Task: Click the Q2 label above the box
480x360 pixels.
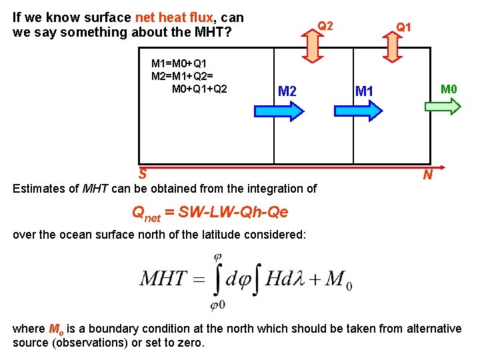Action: (325, 26)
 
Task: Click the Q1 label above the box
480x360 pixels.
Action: (403, 27)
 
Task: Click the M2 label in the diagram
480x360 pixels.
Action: (287, 91)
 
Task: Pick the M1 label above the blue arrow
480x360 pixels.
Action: (364, 91)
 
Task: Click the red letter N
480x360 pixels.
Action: (427, 175)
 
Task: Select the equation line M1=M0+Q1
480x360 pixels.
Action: (180, 64)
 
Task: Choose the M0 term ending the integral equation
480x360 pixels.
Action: (338, 279)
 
